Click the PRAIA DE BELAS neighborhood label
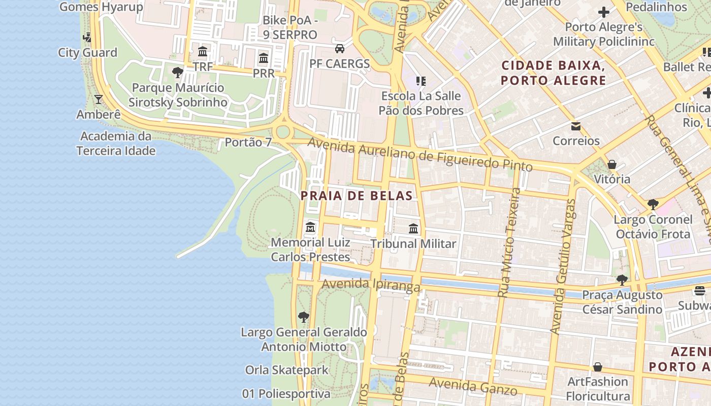click(356, 195)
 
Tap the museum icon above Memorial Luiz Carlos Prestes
click(310, 227)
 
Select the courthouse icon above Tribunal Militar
click(413, 229)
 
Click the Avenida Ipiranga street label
click(371, 285)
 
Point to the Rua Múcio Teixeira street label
click(509, 243)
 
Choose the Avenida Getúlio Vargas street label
click(563, 266)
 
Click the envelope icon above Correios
click(576, 126)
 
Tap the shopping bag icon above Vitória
click(612, 164)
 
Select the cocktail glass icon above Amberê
click(99, 99)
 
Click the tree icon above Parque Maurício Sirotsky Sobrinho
click(177, 73)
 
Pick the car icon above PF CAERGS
click(339, 49)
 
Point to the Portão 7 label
click(248, 142)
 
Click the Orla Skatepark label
click(287, 370)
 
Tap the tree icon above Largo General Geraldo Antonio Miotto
click(304, 318)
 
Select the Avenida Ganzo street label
click(473, 387)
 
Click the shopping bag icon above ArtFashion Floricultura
click(598, 366)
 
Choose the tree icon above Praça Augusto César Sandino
click(622, 280)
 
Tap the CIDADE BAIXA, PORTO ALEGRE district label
click(553, 73)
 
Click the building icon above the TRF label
click(203, 51)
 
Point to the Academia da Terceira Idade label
click(116, 143)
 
